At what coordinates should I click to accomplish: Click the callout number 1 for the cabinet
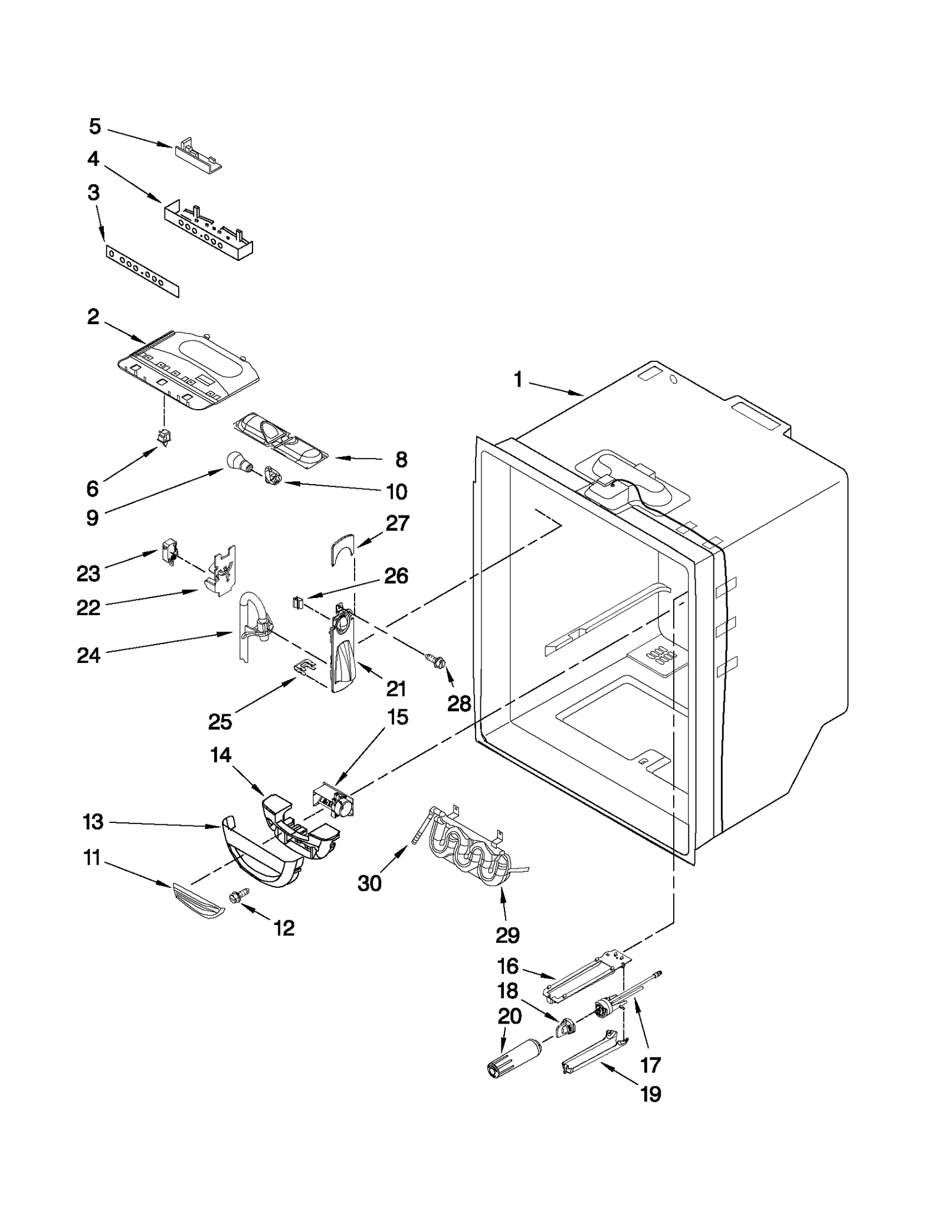click(x=517, y=380)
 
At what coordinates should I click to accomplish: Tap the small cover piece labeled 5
click(x=198, y=155)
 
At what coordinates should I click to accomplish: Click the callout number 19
click(x=650, y=1094)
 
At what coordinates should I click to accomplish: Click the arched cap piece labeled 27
click(x=342, y=549)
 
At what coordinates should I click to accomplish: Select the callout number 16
click(x=507, y=966)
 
